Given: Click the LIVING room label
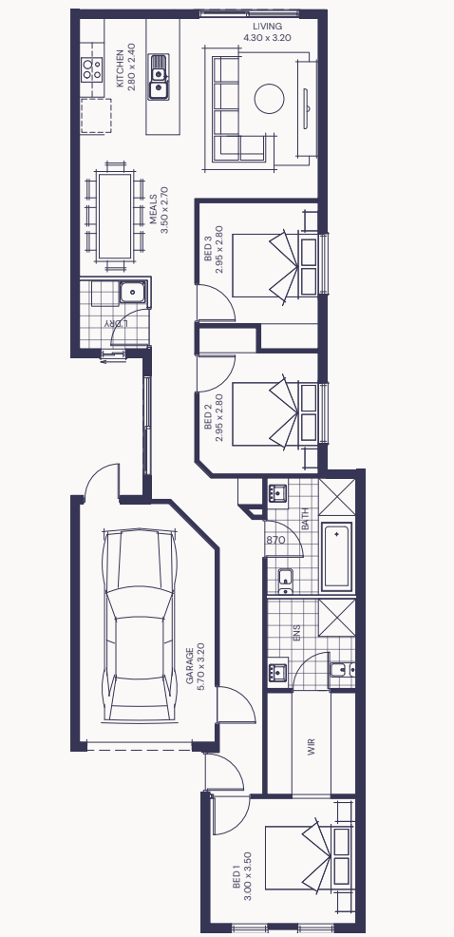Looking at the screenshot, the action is tap(267, 27).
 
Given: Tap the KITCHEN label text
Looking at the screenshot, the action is tap(120, 68).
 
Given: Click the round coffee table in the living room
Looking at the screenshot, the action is tap(269, 99).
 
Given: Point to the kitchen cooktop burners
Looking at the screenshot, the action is tap(92, 68).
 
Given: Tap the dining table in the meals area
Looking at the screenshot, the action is tap(115, 216).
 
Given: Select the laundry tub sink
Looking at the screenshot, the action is tap(132, 293).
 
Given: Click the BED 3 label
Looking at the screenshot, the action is tap(208, 249).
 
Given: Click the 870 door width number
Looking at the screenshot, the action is tap(276, 540).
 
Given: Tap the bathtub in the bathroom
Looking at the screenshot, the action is tap(336, 557).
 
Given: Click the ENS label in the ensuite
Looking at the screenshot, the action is tap(297, 633).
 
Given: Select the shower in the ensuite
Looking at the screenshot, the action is tap(336, 618).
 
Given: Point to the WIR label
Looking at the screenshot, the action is tap(311, 748).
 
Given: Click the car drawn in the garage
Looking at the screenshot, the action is tap(140, 625).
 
